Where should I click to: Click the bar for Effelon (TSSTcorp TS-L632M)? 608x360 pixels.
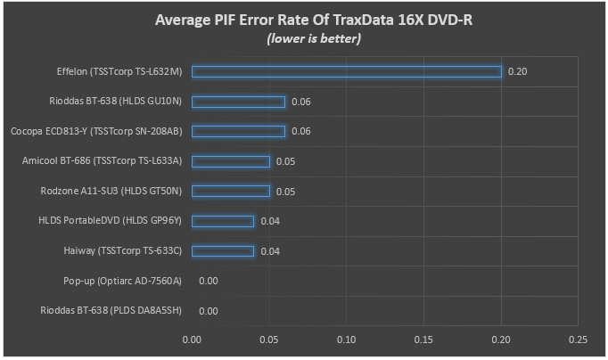(347, 71)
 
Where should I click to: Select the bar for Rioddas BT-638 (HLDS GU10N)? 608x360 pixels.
(238, 102)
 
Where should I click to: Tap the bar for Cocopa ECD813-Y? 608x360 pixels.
(238, 131)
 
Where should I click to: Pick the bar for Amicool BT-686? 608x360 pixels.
(231, 161)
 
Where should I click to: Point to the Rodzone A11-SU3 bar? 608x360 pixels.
(231, 192)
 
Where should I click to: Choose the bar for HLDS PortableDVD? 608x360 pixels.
(223, 221)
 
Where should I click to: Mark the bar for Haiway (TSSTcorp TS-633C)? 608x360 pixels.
(223, 251)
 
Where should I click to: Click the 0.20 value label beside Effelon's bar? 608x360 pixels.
(517, 71)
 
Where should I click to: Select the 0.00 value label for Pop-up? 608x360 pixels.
(209, 281)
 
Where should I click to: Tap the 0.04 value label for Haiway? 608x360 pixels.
(270, 251)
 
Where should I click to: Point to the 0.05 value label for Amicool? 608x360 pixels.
(285, 161)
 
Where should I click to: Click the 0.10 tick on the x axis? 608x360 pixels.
(346, 340)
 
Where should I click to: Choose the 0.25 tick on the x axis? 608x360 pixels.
(578, 340)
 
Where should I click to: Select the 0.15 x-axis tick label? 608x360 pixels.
(423, 340)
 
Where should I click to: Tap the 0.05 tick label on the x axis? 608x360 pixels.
(269, 340)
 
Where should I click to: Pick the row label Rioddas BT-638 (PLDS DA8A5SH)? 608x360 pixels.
(111, 311)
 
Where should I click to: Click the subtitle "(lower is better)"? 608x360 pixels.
(314, 38)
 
